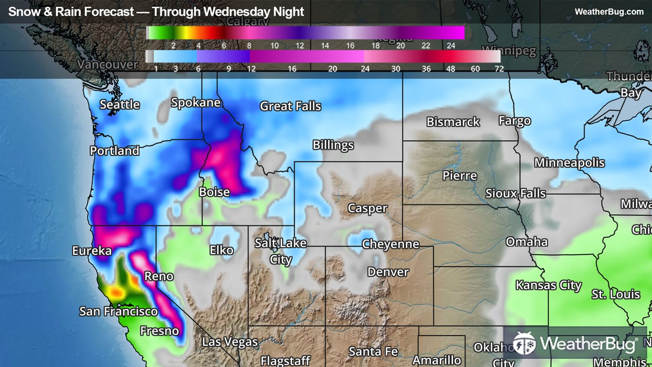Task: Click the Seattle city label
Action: pos(120,105)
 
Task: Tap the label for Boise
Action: pos(214,192)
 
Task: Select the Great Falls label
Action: pos(290,106)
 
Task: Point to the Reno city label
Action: pos(159,277)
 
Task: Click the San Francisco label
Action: pos(118,311)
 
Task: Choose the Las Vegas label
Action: pos(230,342)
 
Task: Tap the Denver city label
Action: pos(388,272)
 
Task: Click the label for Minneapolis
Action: pos(569,163)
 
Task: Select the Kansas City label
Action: pos(548,285)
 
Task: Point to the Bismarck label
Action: pos(453,122)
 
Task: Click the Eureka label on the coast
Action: pos(92,251)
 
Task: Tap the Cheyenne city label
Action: pos(390,244)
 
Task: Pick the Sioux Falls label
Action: pos(515,194)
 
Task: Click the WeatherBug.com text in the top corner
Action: pos(609,12)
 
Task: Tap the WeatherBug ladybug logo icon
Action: pos(524,344)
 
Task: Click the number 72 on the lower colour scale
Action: pos(499,69)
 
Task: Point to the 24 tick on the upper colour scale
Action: pos(451,46)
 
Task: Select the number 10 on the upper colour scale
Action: pos(274,46)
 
